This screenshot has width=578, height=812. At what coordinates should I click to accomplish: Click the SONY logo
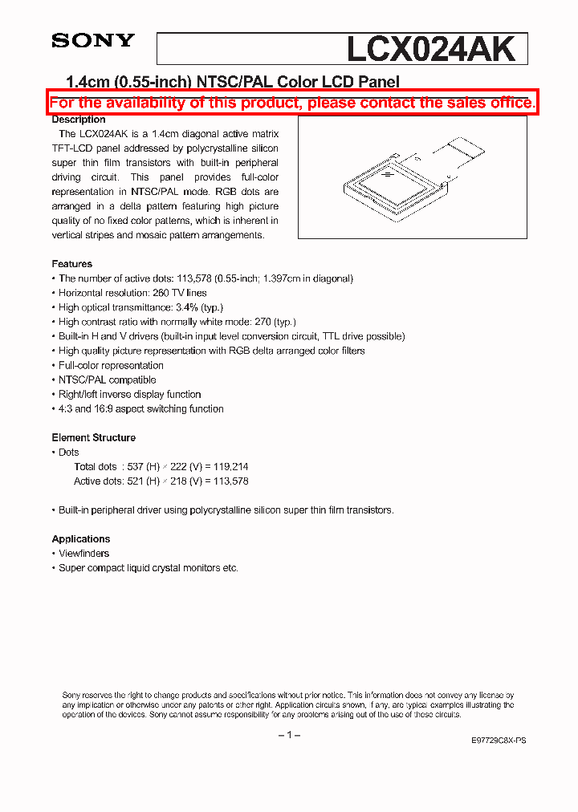click(x=93, y=40)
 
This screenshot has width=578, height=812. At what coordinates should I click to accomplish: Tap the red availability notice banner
click(x=291, y=103)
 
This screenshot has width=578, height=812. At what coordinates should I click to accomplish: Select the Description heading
click(x=79, y=120)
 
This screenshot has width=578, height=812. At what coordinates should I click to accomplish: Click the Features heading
click(x=71, y=264)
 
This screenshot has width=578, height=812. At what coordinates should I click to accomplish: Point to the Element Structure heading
click(x=93, y=438)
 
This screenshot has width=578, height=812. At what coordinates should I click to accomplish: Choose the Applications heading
click(x=80, y=539)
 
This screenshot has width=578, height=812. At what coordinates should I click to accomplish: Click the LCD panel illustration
click(x=393, y=185)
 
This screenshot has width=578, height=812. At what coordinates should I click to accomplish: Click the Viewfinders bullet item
click(x=83, y=554)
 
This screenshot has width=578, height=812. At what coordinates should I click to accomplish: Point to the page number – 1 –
click(x=288, y=736)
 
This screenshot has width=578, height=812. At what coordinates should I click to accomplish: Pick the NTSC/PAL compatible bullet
click(x=107, y=380)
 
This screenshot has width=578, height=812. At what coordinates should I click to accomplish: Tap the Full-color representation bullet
click(x=111, y=366)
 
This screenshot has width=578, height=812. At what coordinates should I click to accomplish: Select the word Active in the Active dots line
click(x=88, y=481)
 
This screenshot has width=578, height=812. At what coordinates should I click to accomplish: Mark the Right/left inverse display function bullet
click(x=129, y=395)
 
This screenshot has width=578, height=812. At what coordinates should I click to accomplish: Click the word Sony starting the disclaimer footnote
click(x=72, y=696)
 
